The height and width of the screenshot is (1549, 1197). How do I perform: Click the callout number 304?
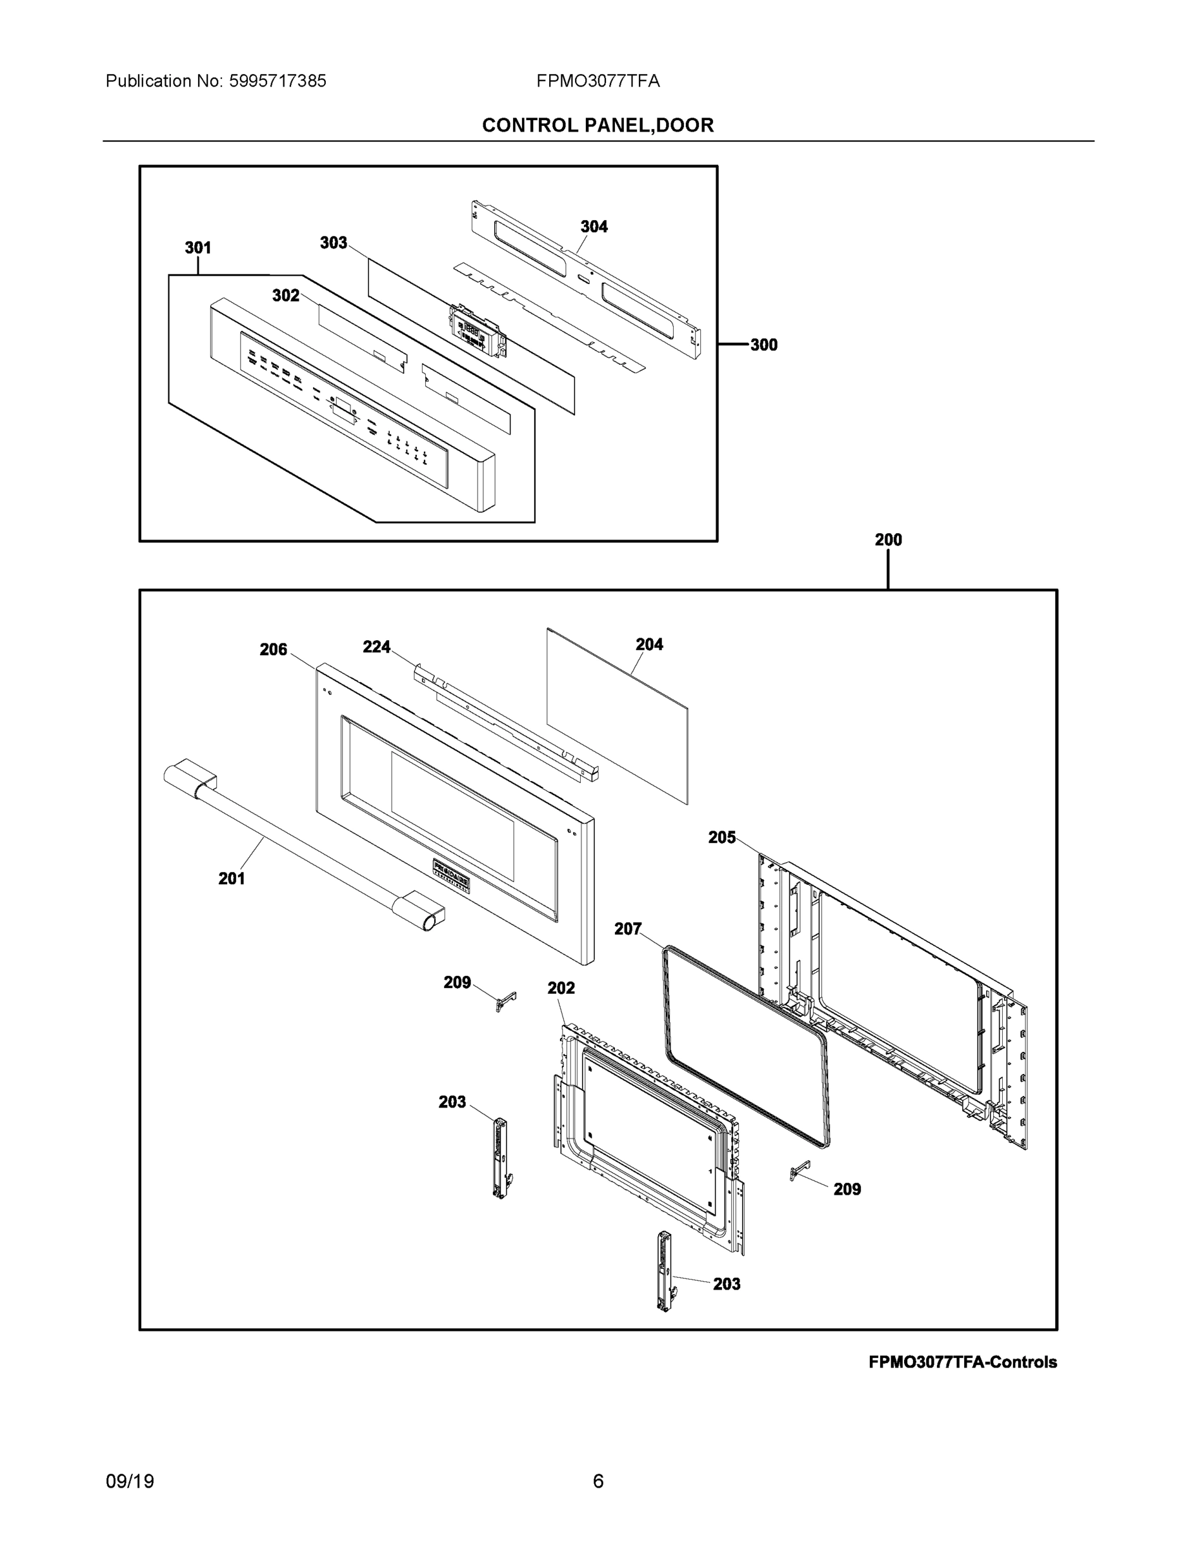click(x=594, y=227)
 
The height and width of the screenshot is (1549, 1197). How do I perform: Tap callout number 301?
click(x=198, y=248)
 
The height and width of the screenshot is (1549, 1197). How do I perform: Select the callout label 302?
click(x=286, y=296)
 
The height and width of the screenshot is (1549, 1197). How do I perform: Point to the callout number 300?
click(x=764, y=345)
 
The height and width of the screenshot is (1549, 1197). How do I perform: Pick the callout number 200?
click(x=888, y=540)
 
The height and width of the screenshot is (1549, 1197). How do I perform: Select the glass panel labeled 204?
click(x=617, y=716)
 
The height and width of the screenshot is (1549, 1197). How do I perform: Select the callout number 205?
click(x=722, y=837)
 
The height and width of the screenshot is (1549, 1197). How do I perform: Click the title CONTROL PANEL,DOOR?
click(x=598, y=126)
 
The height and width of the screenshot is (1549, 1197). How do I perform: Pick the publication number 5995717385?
click(x=277, y=81)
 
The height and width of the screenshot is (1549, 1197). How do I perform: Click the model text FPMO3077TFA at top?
click(x=598, y=81)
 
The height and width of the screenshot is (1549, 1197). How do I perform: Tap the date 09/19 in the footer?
click(x=130, y=1482)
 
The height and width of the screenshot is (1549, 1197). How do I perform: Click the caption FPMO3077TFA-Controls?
click(x=962, y=1362)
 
